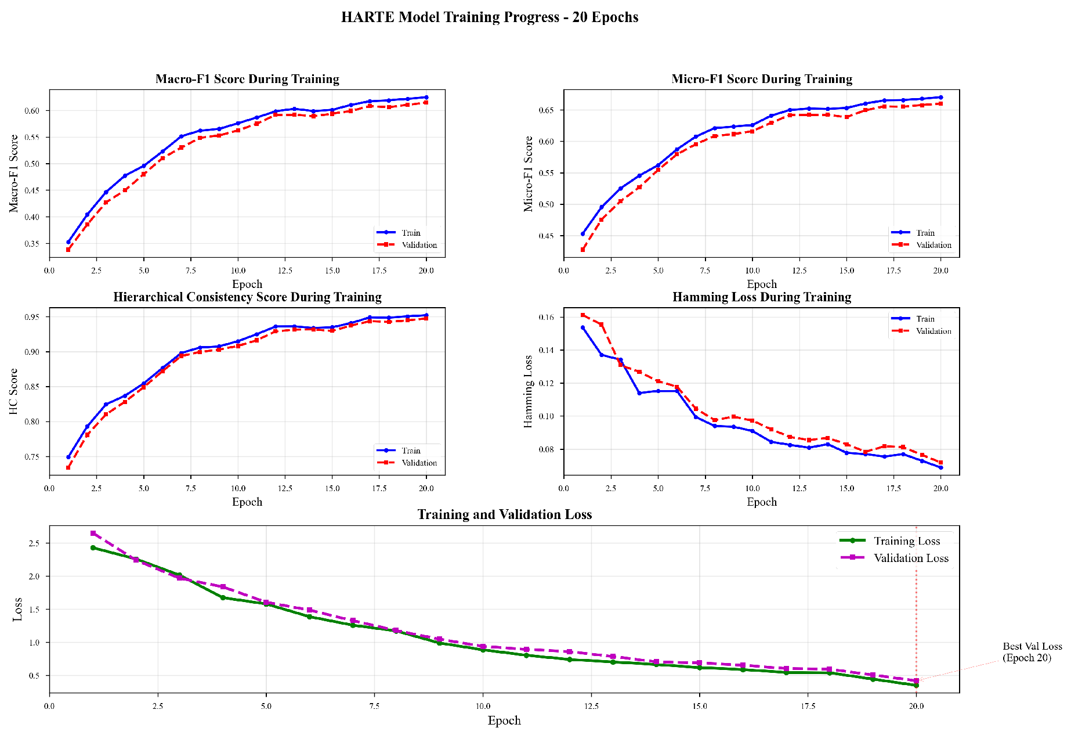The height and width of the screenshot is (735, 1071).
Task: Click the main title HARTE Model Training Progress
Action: pos(489,17)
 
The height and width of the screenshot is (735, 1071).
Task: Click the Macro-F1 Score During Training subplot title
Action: pos(247,79)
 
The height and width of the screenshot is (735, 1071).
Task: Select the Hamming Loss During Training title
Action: pos(761,297)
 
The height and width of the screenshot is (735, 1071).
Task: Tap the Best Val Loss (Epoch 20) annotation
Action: pos(1032,652)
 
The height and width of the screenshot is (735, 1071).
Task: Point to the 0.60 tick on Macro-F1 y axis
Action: pos(32,111)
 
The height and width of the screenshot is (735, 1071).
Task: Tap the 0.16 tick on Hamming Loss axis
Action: pos(547,318)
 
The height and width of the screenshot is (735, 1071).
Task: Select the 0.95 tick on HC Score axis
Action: pos(32,317)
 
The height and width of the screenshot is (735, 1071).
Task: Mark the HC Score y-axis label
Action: pos(14,391)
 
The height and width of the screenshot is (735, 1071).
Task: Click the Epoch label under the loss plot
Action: pos(504,720)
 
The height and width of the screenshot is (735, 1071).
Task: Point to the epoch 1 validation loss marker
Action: pos(93,533)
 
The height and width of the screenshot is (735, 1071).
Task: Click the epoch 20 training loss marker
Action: pos(916,686)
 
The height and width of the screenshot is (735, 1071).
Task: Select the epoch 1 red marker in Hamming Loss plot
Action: pos(582,315)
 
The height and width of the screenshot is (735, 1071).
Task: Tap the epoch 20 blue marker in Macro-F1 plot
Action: pos(426,98)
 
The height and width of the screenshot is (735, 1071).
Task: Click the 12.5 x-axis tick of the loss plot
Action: pos(591,706)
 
